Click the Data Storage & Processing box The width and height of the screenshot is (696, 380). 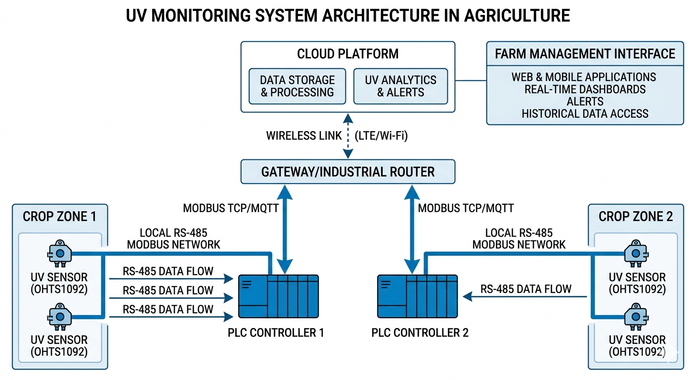pos(297,86)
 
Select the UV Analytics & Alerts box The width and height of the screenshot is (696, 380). pos(400,86)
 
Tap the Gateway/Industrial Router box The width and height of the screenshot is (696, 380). pos(348,172)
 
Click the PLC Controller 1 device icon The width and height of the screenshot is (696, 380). pos(278,296)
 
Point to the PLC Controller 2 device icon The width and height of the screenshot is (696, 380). pos(417,296)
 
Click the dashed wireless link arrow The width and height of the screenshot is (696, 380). pos(348,136)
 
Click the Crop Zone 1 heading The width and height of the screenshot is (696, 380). pos(59,216)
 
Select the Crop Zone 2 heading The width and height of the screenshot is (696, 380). pos(636,216)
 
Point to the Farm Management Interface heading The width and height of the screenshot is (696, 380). pos(585,53)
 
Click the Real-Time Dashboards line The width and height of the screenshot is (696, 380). pos(585,89)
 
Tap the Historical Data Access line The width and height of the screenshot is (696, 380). pos(585,113)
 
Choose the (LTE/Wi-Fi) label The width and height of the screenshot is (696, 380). pos(381,136)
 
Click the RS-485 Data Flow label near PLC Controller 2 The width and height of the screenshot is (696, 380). pos(526,289)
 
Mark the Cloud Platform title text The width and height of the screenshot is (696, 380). pos(348,53)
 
